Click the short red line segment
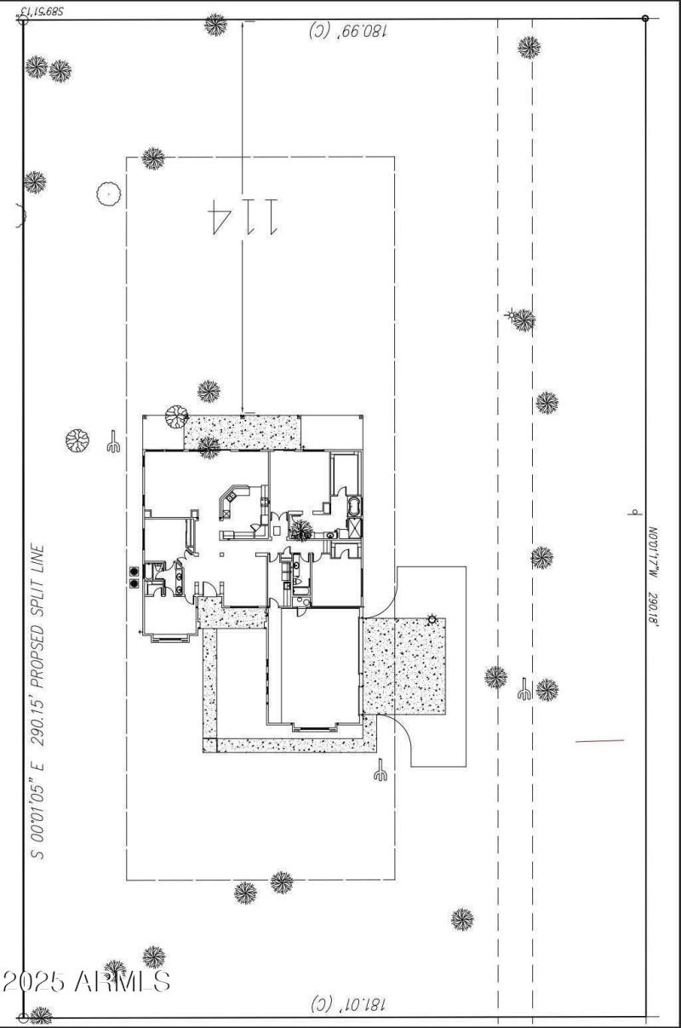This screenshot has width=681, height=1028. pyautogui.click(x=599, y=741)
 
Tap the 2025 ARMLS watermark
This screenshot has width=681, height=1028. pyautogui.click(x=85, y=981)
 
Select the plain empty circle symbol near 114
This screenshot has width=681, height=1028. pyautogui.click(x=108, y=194)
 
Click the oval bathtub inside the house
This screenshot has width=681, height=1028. pyautogui.click(x=354, y=508)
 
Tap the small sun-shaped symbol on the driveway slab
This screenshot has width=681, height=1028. pyautogui.click(x=432, y=619)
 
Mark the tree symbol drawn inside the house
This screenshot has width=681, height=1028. pyautogui.click(x=300, y=531)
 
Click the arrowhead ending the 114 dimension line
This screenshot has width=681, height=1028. pyautogui.click(x=243, y=411)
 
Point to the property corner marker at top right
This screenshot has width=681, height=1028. pyautogui.click(x=645, y=18)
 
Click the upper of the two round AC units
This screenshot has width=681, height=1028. pyautogui.click(x=134, y=571)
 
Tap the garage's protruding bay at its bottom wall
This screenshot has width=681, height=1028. pyautogui.click(x=316, y=726)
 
